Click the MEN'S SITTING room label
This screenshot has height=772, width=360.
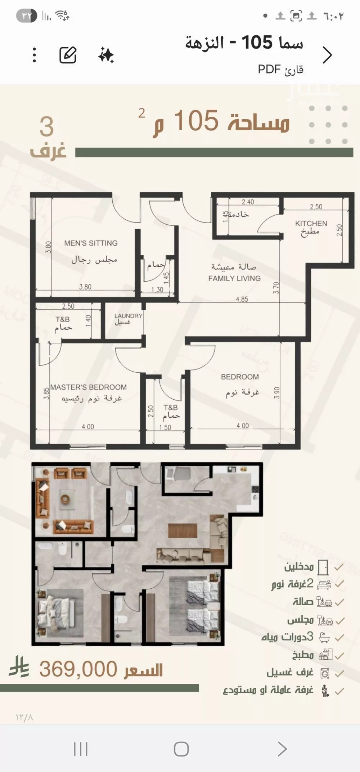click(x=91, y=243)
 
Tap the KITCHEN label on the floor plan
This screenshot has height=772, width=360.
click(x=311, y=223)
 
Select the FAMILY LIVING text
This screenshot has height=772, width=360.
click(x=234, y=278)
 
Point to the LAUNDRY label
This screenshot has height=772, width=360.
click(x=128, y=316)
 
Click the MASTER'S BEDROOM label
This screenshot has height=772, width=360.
click(x=89, y=387)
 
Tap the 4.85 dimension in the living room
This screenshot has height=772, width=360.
click(x=242, y=299)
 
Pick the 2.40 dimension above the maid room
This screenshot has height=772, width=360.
click(x=248, y=202)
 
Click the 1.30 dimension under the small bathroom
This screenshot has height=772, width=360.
click(x=157, y=289)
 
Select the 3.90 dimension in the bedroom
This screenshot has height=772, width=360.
click(x=276, y=392)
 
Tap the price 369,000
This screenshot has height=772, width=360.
click(x=78, y=669)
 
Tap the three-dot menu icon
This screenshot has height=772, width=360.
click(x=34, y=55)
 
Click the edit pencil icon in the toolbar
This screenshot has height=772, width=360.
click(x=68, y=55)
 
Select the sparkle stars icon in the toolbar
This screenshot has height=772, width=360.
click(x=106, y=55)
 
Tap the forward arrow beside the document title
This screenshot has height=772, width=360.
click(x=327, y=55)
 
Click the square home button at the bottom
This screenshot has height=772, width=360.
click(x=181, y=749)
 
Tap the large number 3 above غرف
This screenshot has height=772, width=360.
click(x=46, y=127)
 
